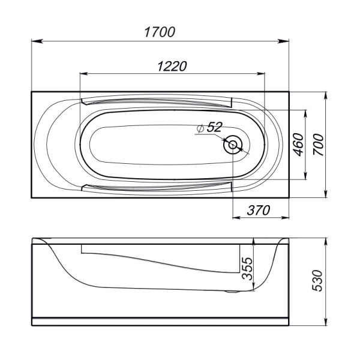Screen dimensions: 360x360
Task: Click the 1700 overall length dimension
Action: coord(159,32)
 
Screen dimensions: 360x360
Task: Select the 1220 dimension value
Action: coord(172,65)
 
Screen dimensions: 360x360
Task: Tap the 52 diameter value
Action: coord(214,127)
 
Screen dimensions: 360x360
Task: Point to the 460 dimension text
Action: coord(298,145)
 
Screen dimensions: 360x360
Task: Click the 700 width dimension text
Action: coord(318,145)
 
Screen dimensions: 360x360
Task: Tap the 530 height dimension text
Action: coord(318,281)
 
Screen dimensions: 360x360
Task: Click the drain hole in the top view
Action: coord(233,145)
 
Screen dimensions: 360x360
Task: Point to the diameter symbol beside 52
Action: coord(200,128)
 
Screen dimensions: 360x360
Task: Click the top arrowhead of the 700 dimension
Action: coord(325,95)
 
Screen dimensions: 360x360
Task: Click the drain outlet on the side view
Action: coord(232,292)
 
